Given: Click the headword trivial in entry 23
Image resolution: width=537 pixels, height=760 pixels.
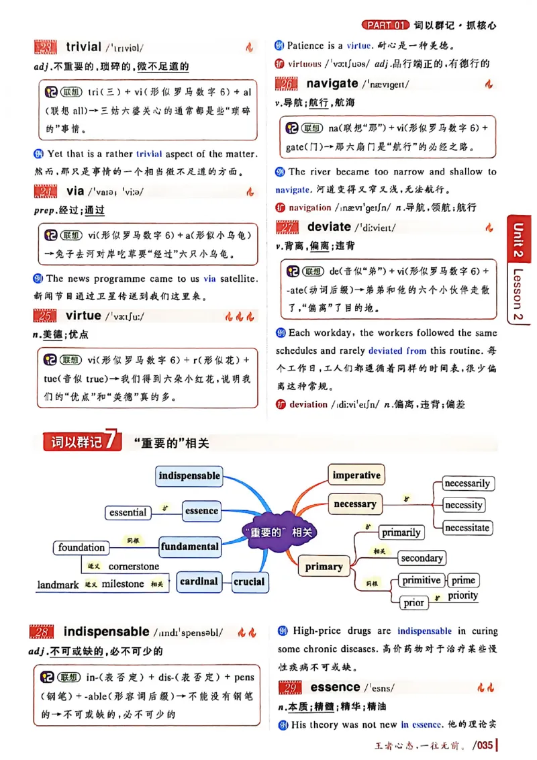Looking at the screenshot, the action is [x=83, y=46].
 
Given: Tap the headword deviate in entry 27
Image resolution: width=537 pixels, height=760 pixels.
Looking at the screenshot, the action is [x=329, y=227].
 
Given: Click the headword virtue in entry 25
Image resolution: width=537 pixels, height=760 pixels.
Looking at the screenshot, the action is [x=83, y=316].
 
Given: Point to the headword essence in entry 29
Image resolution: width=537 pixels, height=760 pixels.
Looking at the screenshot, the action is [x=335, y=687].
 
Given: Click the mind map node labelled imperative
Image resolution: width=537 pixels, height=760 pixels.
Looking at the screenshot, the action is [x=356, y=475].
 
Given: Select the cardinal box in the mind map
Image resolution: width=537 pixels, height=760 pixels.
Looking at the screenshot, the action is [x=199, y=581].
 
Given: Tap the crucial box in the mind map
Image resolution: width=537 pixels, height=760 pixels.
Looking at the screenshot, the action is [x=249, y=581].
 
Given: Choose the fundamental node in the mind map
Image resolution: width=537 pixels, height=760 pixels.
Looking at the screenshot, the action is [x=190, y=547].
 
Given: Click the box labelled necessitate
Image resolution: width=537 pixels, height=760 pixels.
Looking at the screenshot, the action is [x=467, y=528].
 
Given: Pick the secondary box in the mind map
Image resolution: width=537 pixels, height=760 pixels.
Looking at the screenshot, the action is [x=422, y=558].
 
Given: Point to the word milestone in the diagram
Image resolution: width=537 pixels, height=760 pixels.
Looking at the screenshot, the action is [x=123, y=584].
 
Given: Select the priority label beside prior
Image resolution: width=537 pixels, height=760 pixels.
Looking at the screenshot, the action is [x=463, y=596].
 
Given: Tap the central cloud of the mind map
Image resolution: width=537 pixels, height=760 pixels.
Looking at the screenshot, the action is [x=281, y=532].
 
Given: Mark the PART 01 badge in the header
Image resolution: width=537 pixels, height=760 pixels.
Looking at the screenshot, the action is [x=385, y=26].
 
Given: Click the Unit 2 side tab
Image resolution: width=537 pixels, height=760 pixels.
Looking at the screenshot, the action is [x=518, y=240].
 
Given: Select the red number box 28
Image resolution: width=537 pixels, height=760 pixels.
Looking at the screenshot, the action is [x=43, y=632].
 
